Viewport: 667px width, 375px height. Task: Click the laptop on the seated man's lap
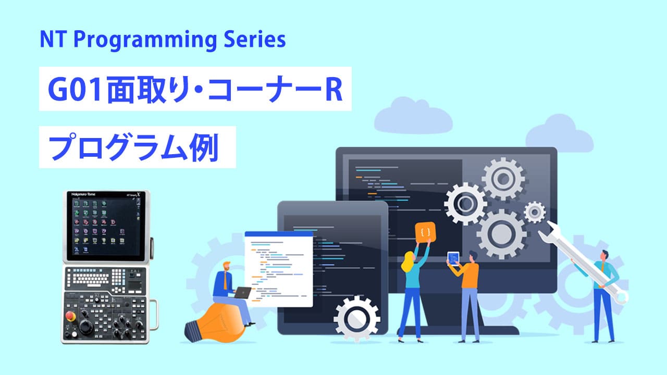(242, 293)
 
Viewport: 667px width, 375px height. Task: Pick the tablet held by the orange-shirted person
(453, 258)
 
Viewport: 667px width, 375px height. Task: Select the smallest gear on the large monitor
(534, 211)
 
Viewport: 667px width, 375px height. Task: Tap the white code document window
(279, 268)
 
